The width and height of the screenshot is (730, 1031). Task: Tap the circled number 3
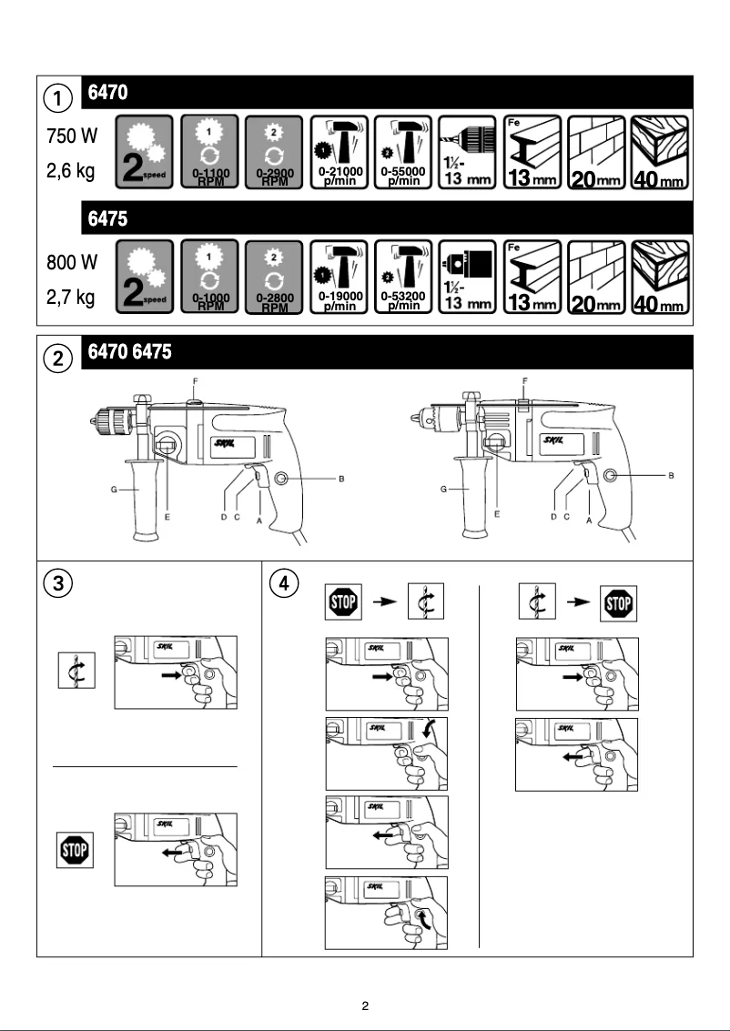tap(58, 582)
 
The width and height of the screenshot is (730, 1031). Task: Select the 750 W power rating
tap(72, 136)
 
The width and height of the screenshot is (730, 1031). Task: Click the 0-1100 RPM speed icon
tap(210, 151)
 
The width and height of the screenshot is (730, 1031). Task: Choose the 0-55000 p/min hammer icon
tap(404, 151)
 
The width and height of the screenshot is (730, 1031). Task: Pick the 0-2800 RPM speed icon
tap(274, 278)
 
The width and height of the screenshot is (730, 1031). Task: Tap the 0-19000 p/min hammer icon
tap(340, 278)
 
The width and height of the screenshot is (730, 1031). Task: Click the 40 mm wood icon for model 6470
tap(660, 151)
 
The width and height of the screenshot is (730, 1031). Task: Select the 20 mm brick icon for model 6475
tap(596, 278)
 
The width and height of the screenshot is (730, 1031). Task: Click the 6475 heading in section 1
tap(106, 219)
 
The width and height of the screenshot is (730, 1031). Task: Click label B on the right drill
tap(671, 475)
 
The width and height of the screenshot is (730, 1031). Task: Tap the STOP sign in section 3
tap(74, 852)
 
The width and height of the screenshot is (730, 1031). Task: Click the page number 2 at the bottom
tap(365, 1006)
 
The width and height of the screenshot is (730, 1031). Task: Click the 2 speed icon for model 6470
tap(146, 151)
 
